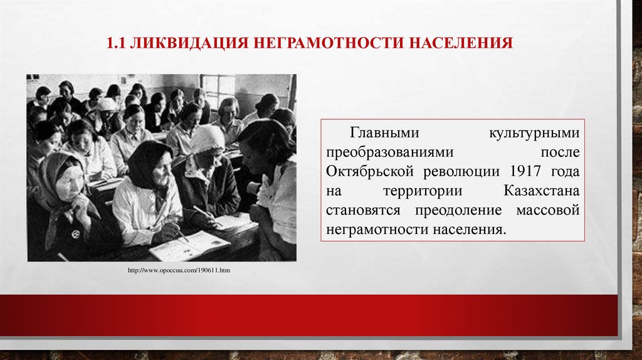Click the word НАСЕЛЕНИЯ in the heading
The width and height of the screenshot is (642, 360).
pyautogui.click(x=461, y=44)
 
